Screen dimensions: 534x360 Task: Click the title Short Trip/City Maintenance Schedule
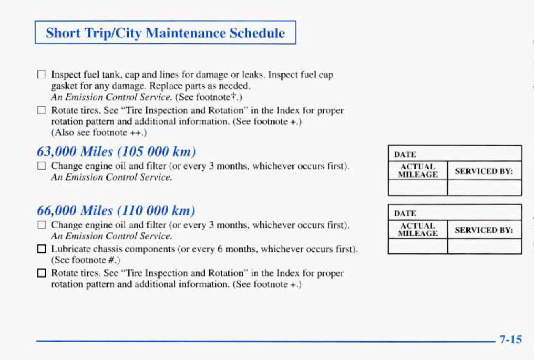[165, 33]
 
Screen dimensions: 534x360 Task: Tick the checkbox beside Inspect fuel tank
[41, 74]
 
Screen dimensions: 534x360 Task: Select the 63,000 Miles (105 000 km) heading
[117, 151]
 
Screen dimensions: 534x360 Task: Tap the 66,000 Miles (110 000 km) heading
[116, 211]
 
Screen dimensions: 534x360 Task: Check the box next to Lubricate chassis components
[42, 249]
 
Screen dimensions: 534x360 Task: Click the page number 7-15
[510, 339]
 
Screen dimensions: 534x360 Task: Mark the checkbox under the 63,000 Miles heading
[41, 166]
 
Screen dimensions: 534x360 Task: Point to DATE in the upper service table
[405, 155]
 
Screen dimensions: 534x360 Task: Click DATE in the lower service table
[405, 213]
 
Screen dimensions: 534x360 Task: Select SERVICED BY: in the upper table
[484, 171]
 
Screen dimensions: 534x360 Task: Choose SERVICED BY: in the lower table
[484, 230]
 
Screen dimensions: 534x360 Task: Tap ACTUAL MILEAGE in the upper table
[418, 171]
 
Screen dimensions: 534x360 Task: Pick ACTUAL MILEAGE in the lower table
[418, 230]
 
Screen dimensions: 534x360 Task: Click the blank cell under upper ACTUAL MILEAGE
[418, 188]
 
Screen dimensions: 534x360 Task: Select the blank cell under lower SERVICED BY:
[484, 246]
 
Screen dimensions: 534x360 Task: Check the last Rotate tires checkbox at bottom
[42, 273]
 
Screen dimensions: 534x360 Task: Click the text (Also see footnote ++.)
[99, 132]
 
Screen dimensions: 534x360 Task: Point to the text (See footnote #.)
[86, 260]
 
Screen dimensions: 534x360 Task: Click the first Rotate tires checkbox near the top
[41, 110]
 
